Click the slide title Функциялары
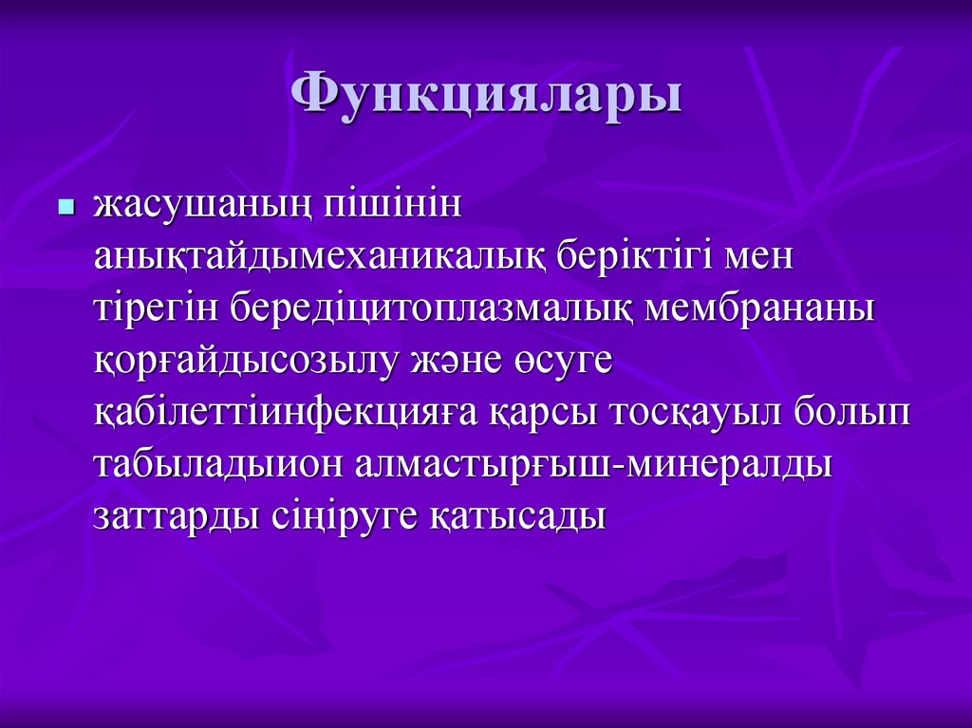[486, 95]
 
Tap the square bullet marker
[65, 206]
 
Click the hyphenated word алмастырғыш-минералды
[594, 465]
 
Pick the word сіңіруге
[343, 516]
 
